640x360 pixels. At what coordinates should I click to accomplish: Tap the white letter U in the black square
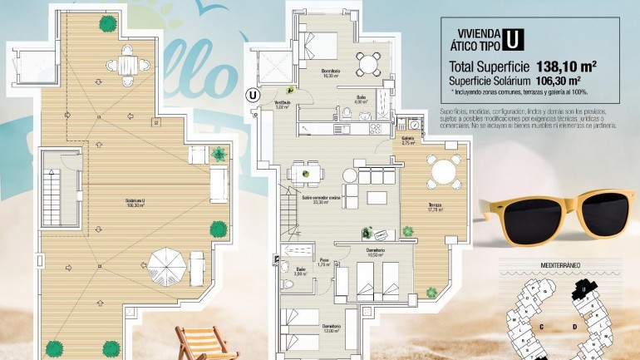click(515, 39)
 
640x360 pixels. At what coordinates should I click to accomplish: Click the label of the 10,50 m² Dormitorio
click(375, 252)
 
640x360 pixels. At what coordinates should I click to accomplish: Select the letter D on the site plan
click(575, 327)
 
